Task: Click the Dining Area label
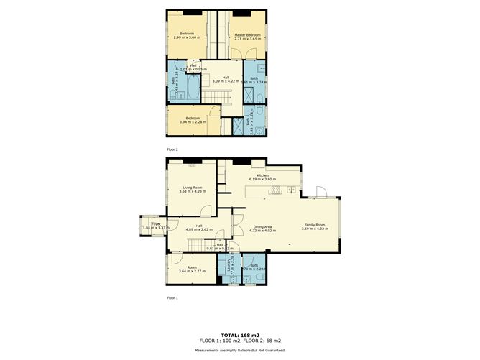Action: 262,229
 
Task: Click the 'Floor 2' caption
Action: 172,149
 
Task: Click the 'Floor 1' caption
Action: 172,297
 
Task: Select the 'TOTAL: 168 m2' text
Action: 239,334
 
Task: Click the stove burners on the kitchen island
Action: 274,190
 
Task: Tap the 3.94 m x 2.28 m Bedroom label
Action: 192,119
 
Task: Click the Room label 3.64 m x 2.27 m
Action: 192,269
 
